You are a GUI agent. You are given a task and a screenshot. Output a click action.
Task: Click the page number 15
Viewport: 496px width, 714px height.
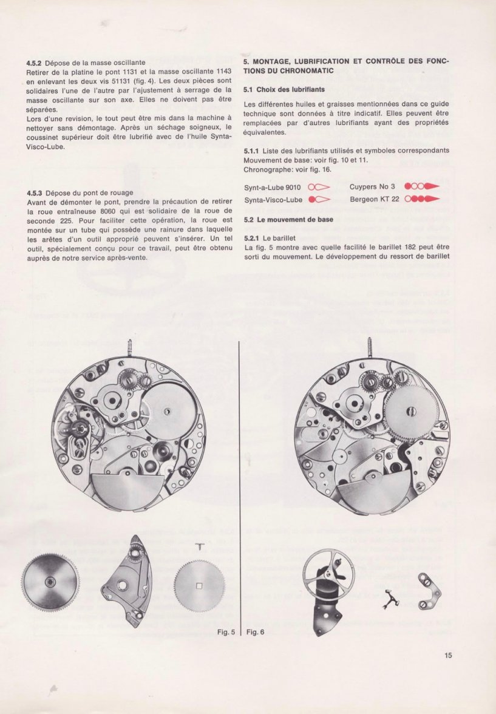pyautogui.click(x=448, y=654)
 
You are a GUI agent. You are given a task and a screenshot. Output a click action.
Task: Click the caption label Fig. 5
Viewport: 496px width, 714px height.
pyautogui.click(x=225, y=633)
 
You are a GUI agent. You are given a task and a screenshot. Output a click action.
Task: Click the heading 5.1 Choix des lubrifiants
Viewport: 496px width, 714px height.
pyautogui.click(x=279, y=89)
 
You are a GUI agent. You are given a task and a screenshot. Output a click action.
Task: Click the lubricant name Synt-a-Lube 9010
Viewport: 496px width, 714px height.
pyautogui.click(x=273, y=187)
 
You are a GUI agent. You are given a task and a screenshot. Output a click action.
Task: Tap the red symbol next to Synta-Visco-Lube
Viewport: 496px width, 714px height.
pyautogui.click(x=319, y=199)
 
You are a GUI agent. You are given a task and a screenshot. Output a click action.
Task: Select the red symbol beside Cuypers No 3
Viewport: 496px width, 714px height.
pyautogui.click(x=421, y=187)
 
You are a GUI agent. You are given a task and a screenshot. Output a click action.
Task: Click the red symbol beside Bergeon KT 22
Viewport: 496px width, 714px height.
pyautogui.click(x=421, y=199)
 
